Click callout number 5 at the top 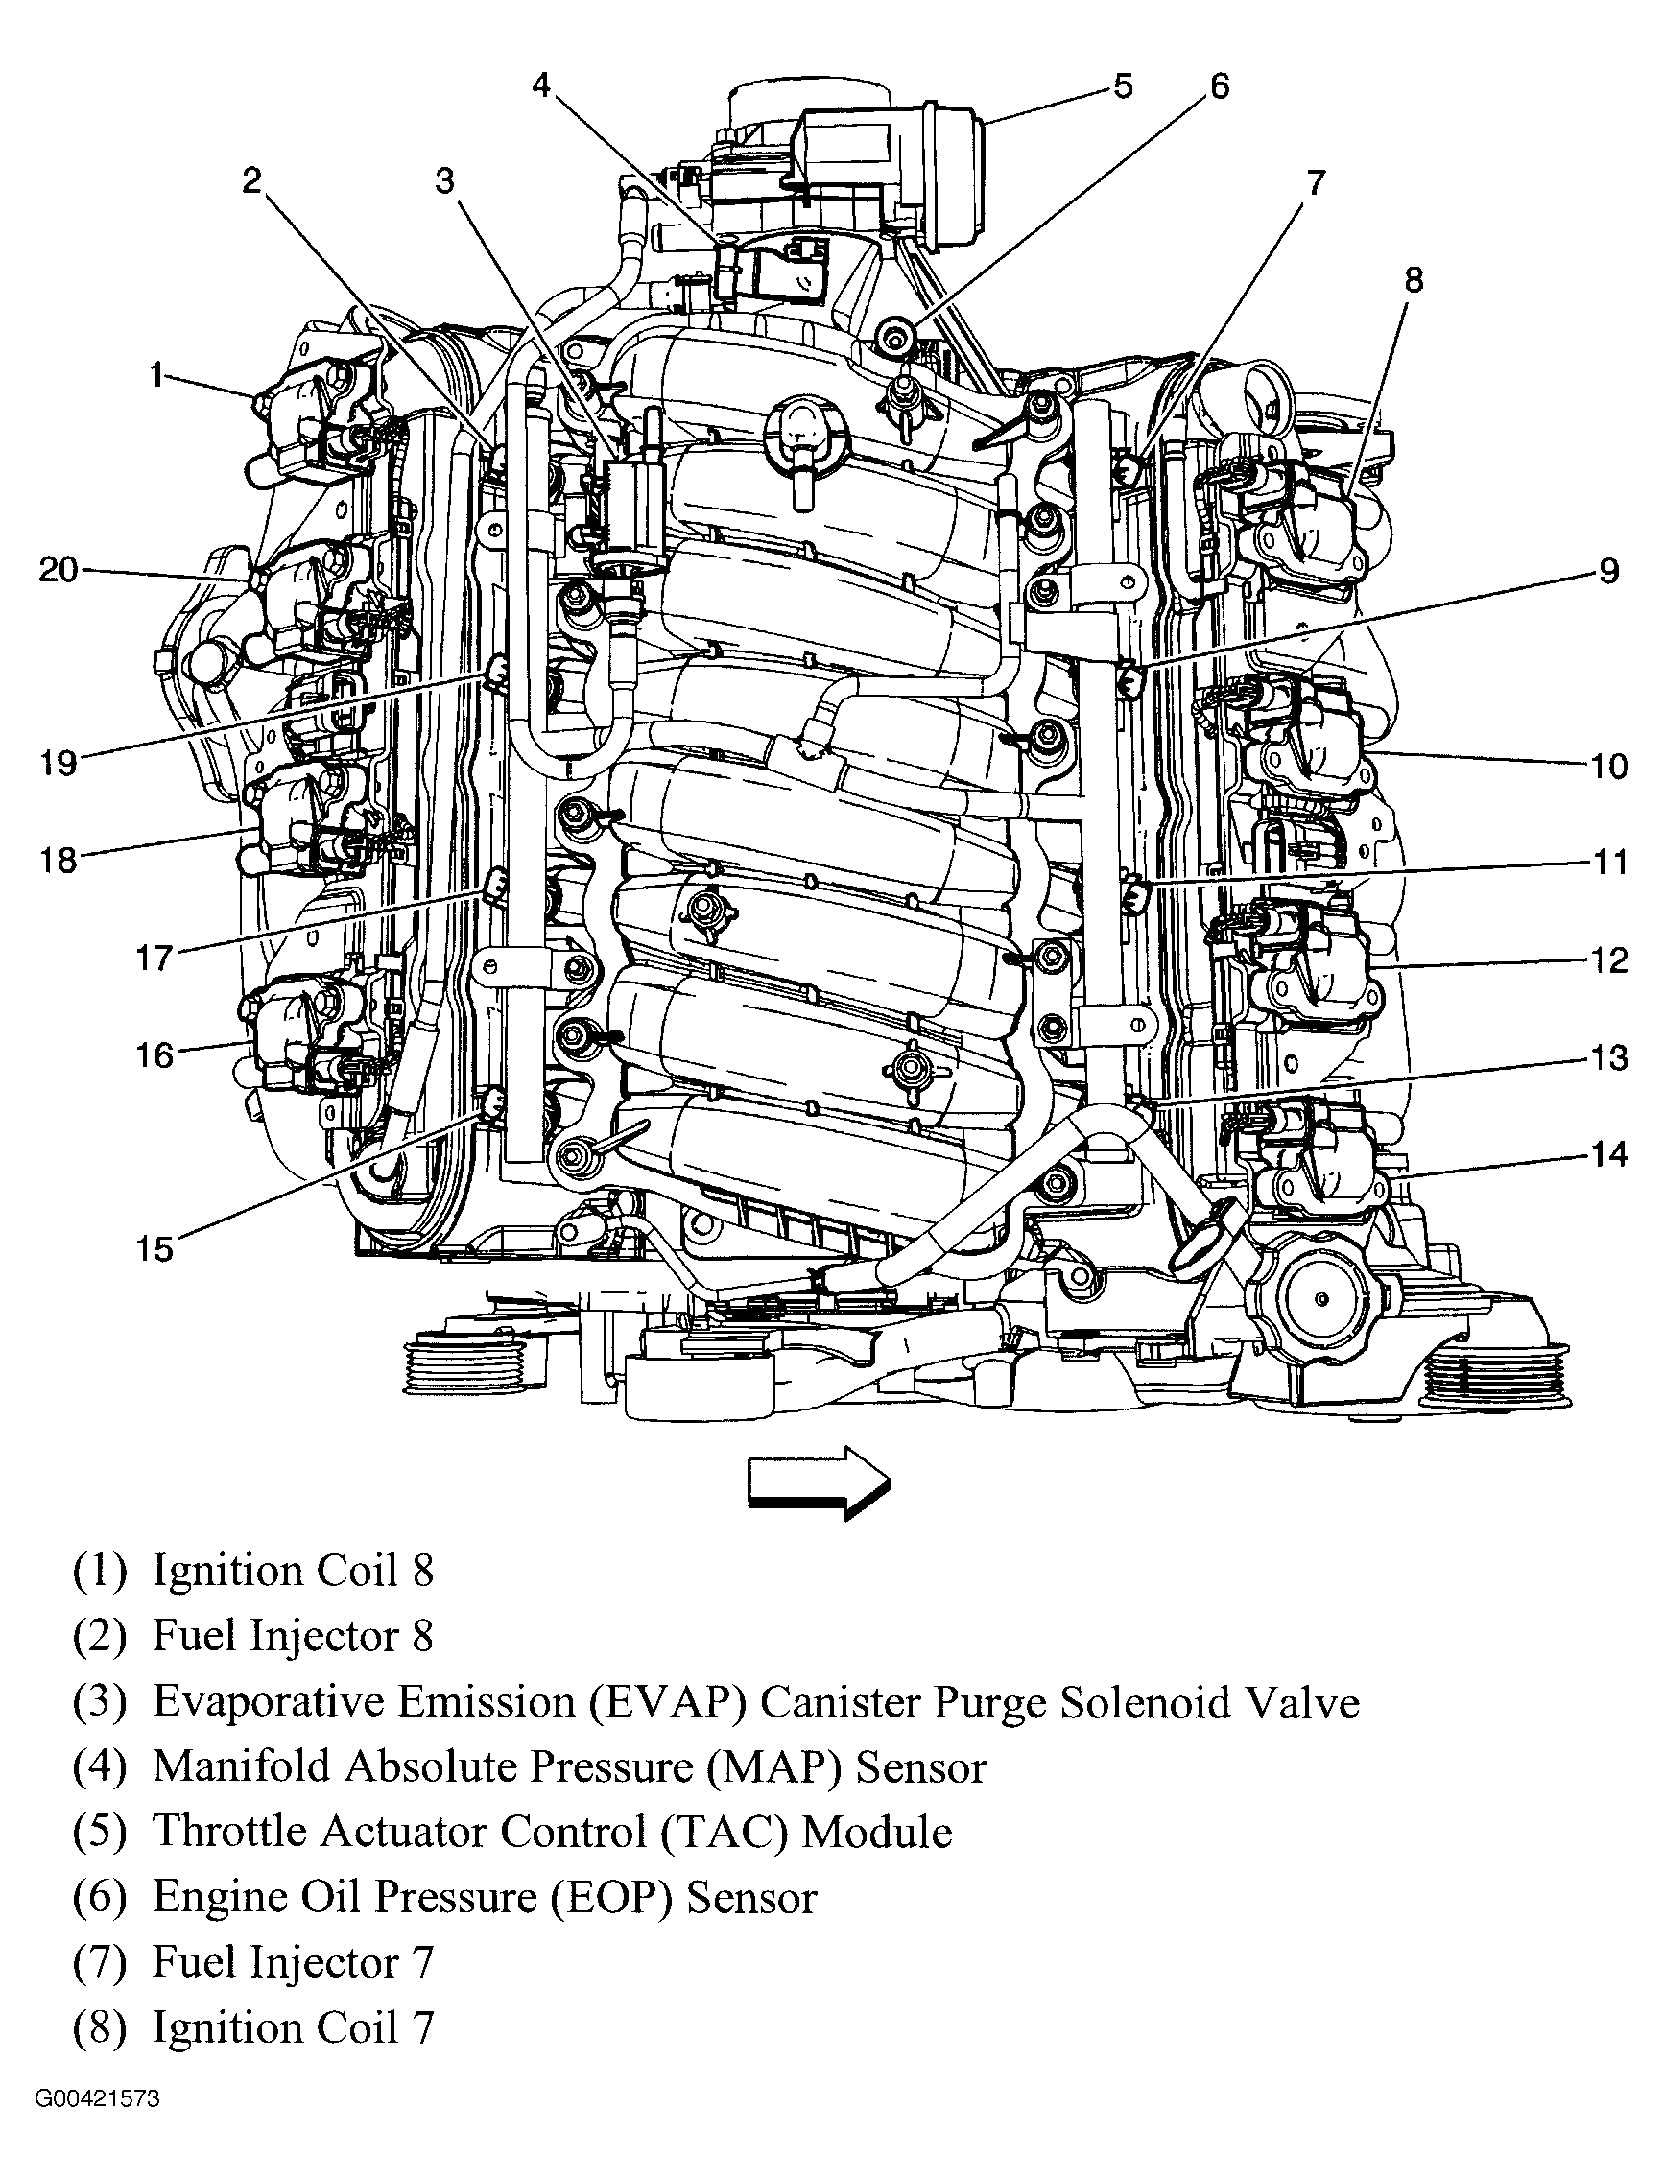[1122, 86]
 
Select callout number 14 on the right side [1609, 1154]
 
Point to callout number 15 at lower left [154, 1249]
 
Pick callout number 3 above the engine [444, 180]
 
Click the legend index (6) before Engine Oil [100, 1898]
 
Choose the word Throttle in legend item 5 [228, 1833]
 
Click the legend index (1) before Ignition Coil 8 [100, 1572]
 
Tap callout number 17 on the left [154, 958]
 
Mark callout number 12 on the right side [1609, 959]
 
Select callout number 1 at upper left [156, 375]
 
